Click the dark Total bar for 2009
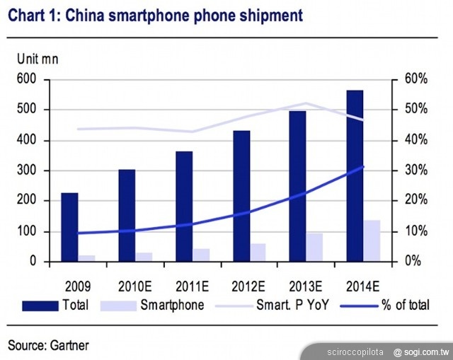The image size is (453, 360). (69, 227)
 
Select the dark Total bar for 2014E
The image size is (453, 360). (355, 176)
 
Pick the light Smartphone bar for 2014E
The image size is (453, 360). (372, 240)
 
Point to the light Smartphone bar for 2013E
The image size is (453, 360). (314, 247)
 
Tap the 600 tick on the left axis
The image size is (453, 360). (25, 79)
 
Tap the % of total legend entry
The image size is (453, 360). (390, 306)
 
